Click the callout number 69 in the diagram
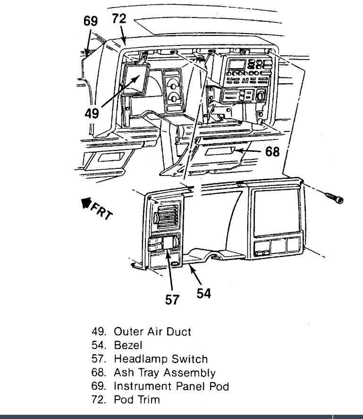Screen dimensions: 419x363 pos(90,21)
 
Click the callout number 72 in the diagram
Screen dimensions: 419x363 pos(119,19)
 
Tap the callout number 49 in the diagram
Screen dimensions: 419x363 pos(92,113)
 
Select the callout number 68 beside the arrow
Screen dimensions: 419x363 pos(272,152)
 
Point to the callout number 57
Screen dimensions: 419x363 pos(173,299)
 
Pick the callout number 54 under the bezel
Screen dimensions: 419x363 pos(203,293)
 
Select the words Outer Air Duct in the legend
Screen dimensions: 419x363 pos(152,331)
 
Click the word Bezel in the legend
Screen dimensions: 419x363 pos(128,345)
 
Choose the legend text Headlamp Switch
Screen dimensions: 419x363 pos(160,359)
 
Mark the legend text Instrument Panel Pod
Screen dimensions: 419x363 pos(171,386)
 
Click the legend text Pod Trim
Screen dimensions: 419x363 pos(137,400)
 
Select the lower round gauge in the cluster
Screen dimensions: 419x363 pos(174,98)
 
